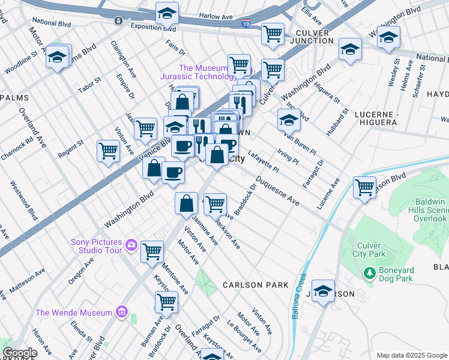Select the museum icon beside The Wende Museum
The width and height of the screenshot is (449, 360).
(x=122, y=312)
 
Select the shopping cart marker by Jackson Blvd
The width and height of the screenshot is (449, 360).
(x=364, y=187)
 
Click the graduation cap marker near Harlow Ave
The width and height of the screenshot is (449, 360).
(x=167, y=13)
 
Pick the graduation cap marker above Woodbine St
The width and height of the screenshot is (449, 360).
(x=58, y=57)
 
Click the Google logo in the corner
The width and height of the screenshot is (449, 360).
(x=19, y=353)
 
